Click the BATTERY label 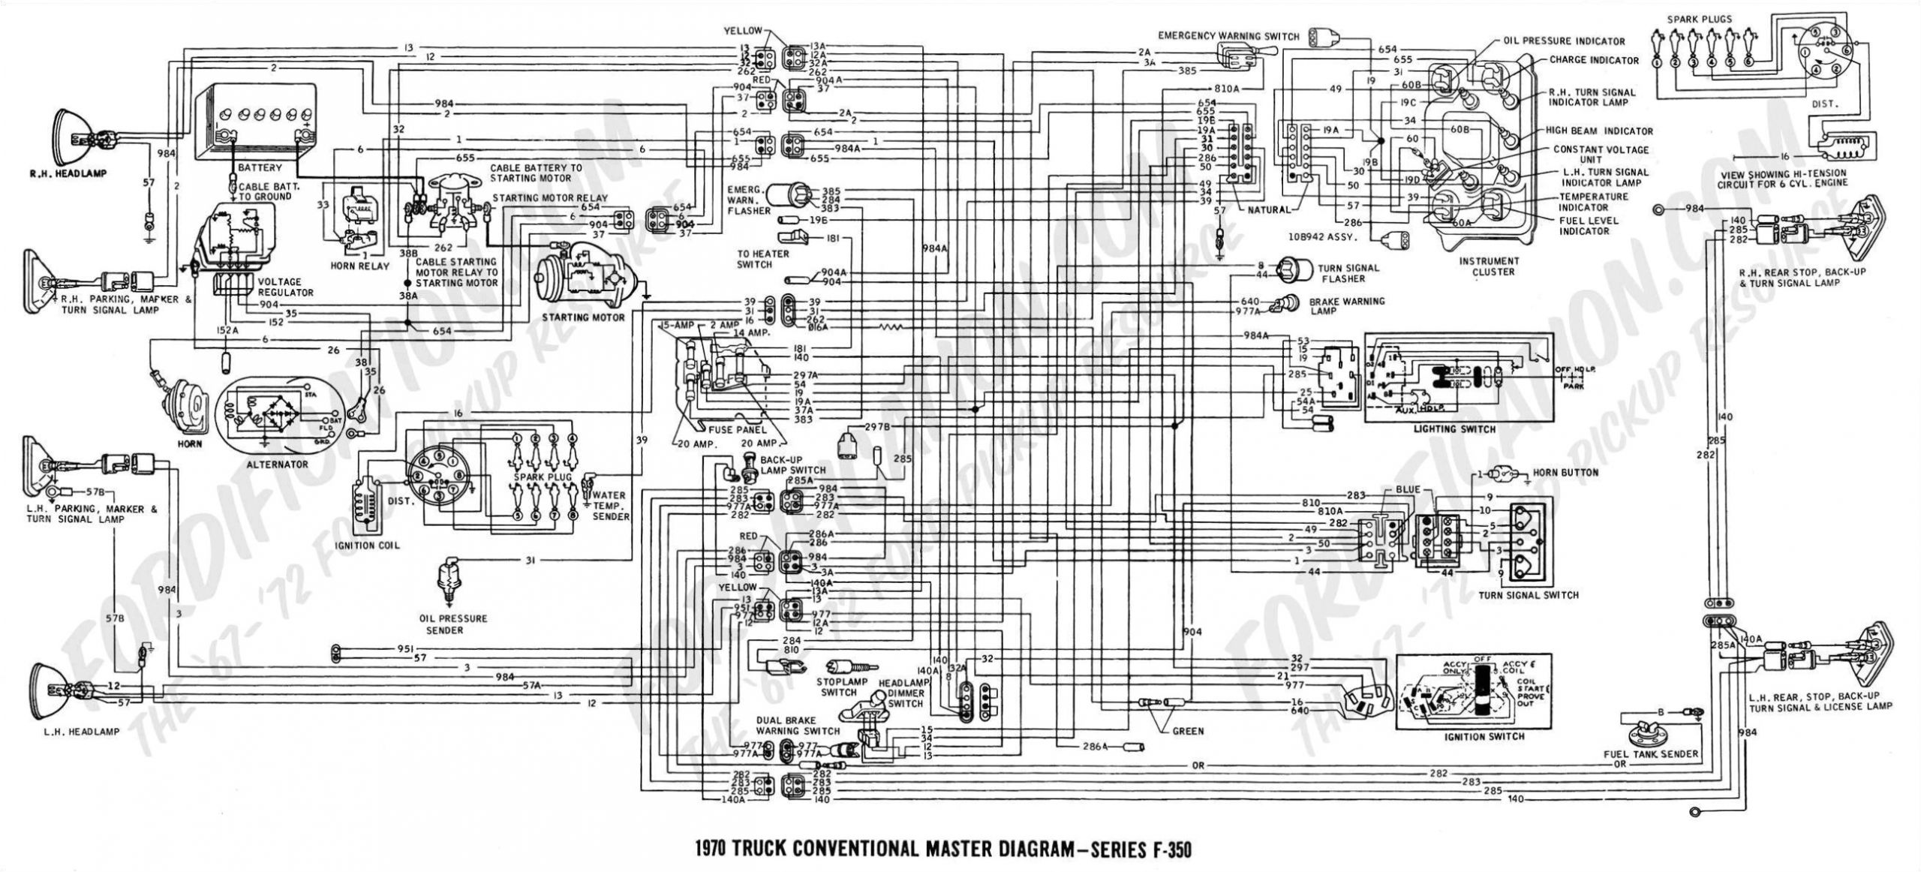pos(260,167)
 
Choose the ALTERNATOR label pos(277,465)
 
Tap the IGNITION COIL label pos(368,545)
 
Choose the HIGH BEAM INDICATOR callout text pos(1598,131)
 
